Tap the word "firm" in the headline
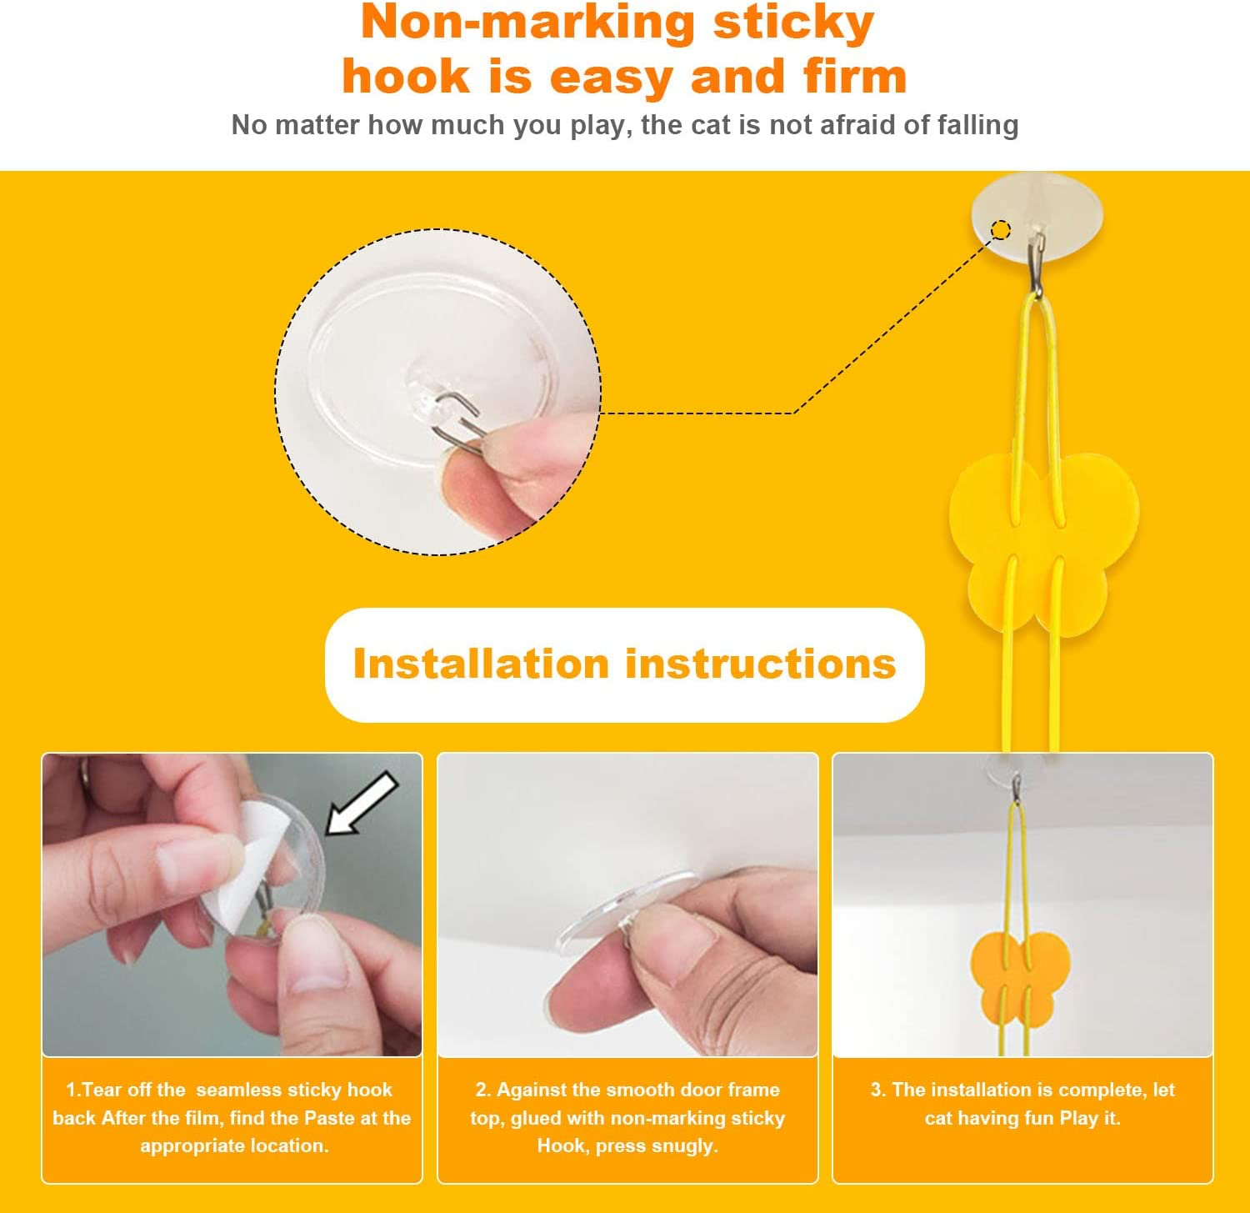tap(855, 77)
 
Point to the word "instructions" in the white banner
tap(760, 664)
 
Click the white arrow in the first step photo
tap(361, 803)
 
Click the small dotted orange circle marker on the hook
tap(1001, 229)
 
